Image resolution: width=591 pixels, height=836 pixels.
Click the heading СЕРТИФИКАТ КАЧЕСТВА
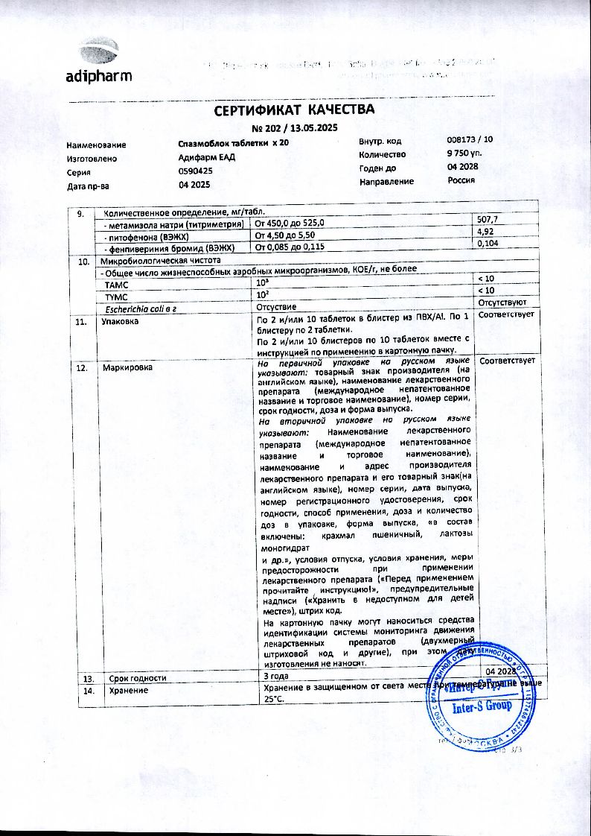point(295,110)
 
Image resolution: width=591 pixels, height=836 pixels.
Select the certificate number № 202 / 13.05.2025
point(295,127)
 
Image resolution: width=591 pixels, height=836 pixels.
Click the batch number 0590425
point(196,171)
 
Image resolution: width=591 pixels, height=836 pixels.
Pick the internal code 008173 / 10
point(469,140)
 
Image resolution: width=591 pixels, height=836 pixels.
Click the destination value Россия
point(461,180)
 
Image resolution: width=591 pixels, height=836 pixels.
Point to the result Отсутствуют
point(502,303)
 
